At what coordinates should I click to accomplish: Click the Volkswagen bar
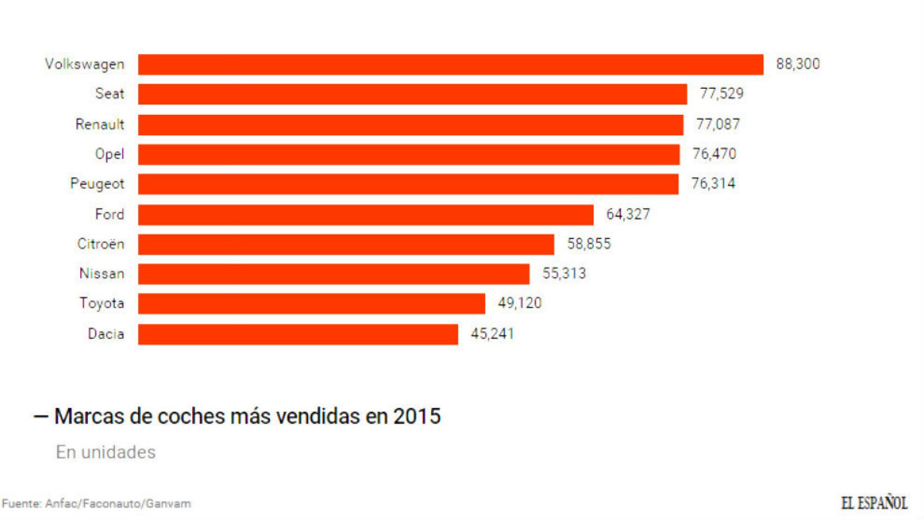point(450,64)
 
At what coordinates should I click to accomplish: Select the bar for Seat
point(412,94)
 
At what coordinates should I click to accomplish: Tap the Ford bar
point(366,214)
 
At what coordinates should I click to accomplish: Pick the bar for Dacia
point(298,334)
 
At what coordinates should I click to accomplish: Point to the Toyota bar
point(311,304)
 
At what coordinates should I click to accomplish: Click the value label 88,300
point(797,64)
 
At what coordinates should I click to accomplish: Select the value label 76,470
point(714,154)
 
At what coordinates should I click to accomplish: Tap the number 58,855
point(589,244)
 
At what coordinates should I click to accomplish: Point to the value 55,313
point(564,274)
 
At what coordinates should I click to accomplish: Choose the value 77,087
point(718,125)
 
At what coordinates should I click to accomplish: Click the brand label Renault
point(100,125)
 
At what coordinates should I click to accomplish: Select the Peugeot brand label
point(97,184)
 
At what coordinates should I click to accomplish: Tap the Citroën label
point(101,244)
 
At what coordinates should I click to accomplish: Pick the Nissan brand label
point(102,274)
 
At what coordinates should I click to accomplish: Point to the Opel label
point(109,154)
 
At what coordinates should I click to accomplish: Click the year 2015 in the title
point(417,417)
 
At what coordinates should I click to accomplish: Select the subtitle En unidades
point(106,452)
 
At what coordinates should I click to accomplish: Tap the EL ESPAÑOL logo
point(874,503)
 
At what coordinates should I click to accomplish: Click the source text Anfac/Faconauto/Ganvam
point(118,504)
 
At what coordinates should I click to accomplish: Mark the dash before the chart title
point(41,417)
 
